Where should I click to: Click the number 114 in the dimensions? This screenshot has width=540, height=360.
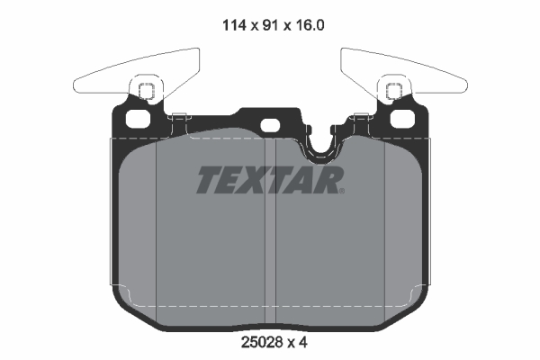233,26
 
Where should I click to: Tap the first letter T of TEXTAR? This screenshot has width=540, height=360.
208,181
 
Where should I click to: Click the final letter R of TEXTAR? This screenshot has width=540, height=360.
331,181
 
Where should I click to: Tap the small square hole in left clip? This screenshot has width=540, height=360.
144,90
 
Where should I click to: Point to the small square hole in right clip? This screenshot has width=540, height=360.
394,90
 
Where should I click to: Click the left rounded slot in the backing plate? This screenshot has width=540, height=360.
137,119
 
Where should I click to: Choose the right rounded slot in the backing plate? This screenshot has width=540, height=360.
403,119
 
